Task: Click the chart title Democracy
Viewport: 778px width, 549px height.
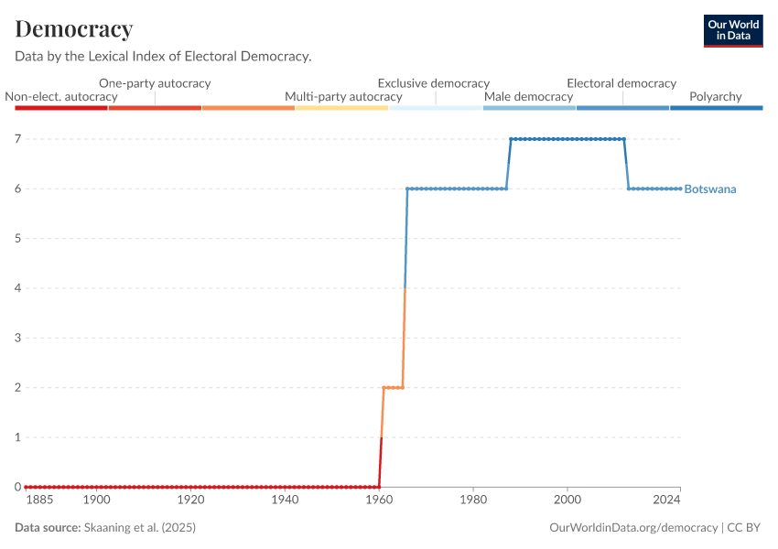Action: click(x=74, y=29)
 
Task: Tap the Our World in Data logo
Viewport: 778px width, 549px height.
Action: click(x=732, y=30)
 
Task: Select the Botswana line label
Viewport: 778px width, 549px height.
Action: click(x=710, y=189)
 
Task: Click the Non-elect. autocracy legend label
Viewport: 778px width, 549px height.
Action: click(x=61, y=97)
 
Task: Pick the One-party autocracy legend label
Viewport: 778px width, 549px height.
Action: click(x=155, y=83)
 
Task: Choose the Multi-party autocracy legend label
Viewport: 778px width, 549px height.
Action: click(x=343, y=97)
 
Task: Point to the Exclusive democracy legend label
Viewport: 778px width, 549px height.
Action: click(x=434, y=83)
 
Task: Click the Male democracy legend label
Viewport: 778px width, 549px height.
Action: click(x=528, y=97)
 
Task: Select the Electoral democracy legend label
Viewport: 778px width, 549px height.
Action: click(x=621, y=83)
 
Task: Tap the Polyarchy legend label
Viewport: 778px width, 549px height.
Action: click(x=715, y=97)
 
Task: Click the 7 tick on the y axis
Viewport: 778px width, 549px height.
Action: click(x=16, y=139)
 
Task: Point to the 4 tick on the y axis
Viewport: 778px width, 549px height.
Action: click(x=16, y=288)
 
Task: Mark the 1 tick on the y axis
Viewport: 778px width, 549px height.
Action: click(x=16, y=437)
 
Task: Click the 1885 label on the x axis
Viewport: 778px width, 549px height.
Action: click(x=39, y=500)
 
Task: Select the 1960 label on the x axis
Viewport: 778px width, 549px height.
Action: click(x=379, y=500)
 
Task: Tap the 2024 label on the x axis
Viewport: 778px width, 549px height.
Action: click(x=667, y=500)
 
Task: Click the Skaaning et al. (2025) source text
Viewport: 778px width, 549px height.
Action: click(x=139, y=528)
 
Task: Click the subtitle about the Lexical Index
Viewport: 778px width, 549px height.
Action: click(x=163, y=57)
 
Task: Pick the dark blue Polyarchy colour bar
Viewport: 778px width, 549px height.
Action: click(x=716, y=108)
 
